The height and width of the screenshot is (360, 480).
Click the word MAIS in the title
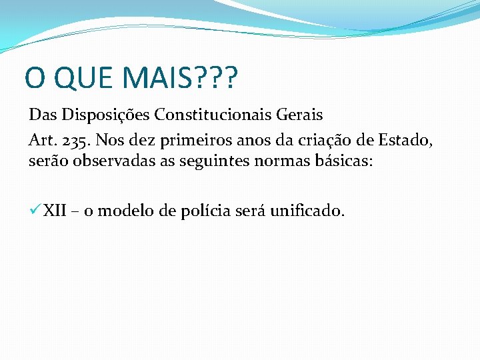pos(153,79)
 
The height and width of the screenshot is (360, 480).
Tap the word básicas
pos(345,161)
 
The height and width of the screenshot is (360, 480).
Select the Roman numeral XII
pos(55,211)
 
